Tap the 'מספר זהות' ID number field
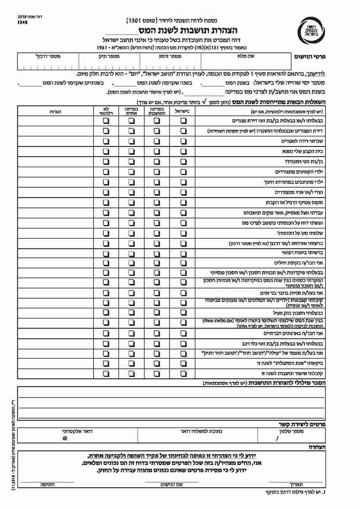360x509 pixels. pos(170,64)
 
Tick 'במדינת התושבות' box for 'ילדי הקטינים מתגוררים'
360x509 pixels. pos(157,171)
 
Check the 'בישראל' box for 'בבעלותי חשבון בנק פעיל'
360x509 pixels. pos(183,313)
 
